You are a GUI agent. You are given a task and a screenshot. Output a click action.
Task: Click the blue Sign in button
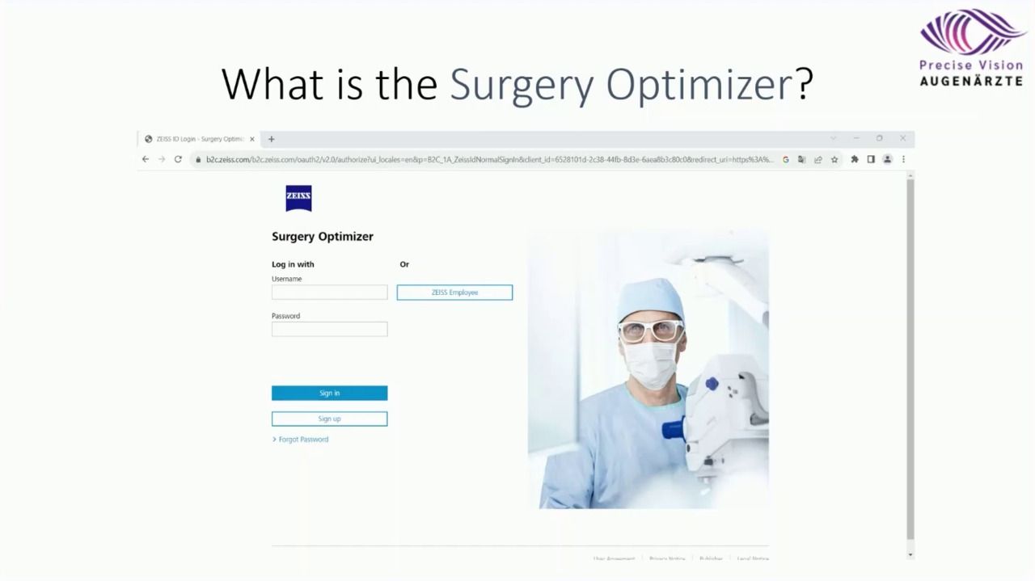[x=329, y=393]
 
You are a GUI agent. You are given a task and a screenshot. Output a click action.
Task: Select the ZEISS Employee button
[x=454, y=293]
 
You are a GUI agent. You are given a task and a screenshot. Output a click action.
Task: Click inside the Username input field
[x=329, y=293]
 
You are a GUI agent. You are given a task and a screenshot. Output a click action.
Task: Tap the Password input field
[x=329, y=329]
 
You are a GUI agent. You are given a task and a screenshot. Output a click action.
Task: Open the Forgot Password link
[x=303, y=440]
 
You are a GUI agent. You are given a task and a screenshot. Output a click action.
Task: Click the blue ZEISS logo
[x=298, y=198]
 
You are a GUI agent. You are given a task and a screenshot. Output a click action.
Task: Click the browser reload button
[x=178, y=159]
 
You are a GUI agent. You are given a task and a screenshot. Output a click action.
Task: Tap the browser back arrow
[x=146, y=159]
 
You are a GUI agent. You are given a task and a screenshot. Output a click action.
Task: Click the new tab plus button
[x=271, y=139]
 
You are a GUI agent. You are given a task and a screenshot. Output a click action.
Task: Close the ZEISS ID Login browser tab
[x=252, y=139]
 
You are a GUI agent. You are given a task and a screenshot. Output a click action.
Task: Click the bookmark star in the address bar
[x=834, y=159]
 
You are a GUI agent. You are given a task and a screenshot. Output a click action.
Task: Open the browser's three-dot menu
[x=903, y=159]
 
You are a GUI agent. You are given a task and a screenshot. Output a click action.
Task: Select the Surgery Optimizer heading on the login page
[x=322, y=237]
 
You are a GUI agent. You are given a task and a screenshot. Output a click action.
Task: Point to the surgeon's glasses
[x=651, y=330]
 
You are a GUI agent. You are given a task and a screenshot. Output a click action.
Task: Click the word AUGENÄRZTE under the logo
[x=970, y=81]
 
